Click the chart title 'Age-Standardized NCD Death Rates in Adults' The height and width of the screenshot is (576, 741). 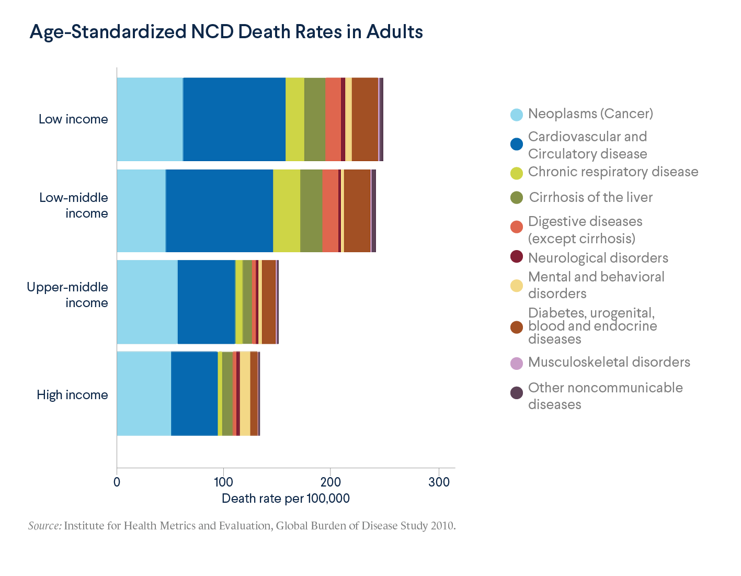coord(226,32)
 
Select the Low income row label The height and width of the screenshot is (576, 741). coord(73,119)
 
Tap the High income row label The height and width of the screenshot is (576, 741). coord(72,395)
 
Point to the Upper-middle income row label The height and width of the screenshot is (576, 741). coord(67,295)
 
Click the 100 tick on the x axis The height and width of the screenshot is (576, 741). coord(223,482)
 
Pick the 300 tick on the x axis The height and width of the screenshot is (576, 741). coord(439,482)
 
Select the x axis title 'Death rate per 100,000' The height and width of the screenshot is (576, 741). coord(286,498)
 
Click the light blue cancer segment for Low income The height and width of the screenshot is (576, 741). coord(150,119)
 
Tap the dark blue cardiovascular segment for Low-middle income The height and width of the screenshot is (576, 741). coord(219,210)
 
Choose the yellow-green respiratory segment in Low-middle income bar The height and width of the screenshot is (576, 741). coord(287,210)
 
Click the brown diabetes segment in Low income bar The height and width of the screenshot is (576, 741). coord(365,119)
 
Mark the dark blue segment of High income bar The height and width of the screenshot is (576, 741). coord(194,393)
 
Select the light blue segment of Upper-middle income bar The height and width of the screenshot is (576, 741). coord(147,302)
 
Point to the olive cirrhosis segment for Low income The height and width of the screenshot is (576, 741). coord(314,119)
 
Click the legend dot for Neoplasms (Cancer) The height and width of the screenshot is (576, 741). coord(516,115)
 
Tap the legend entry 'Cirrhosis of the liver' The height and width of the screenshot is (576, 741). coord(590,197)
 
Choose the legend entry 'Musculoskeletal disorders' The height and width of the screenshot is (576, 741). coord(609,362)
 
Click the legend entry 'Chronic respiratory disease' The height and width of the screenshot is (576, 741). coord(613,172)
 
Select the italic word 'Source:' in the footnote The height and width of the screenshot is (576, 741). coord(45,526)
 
